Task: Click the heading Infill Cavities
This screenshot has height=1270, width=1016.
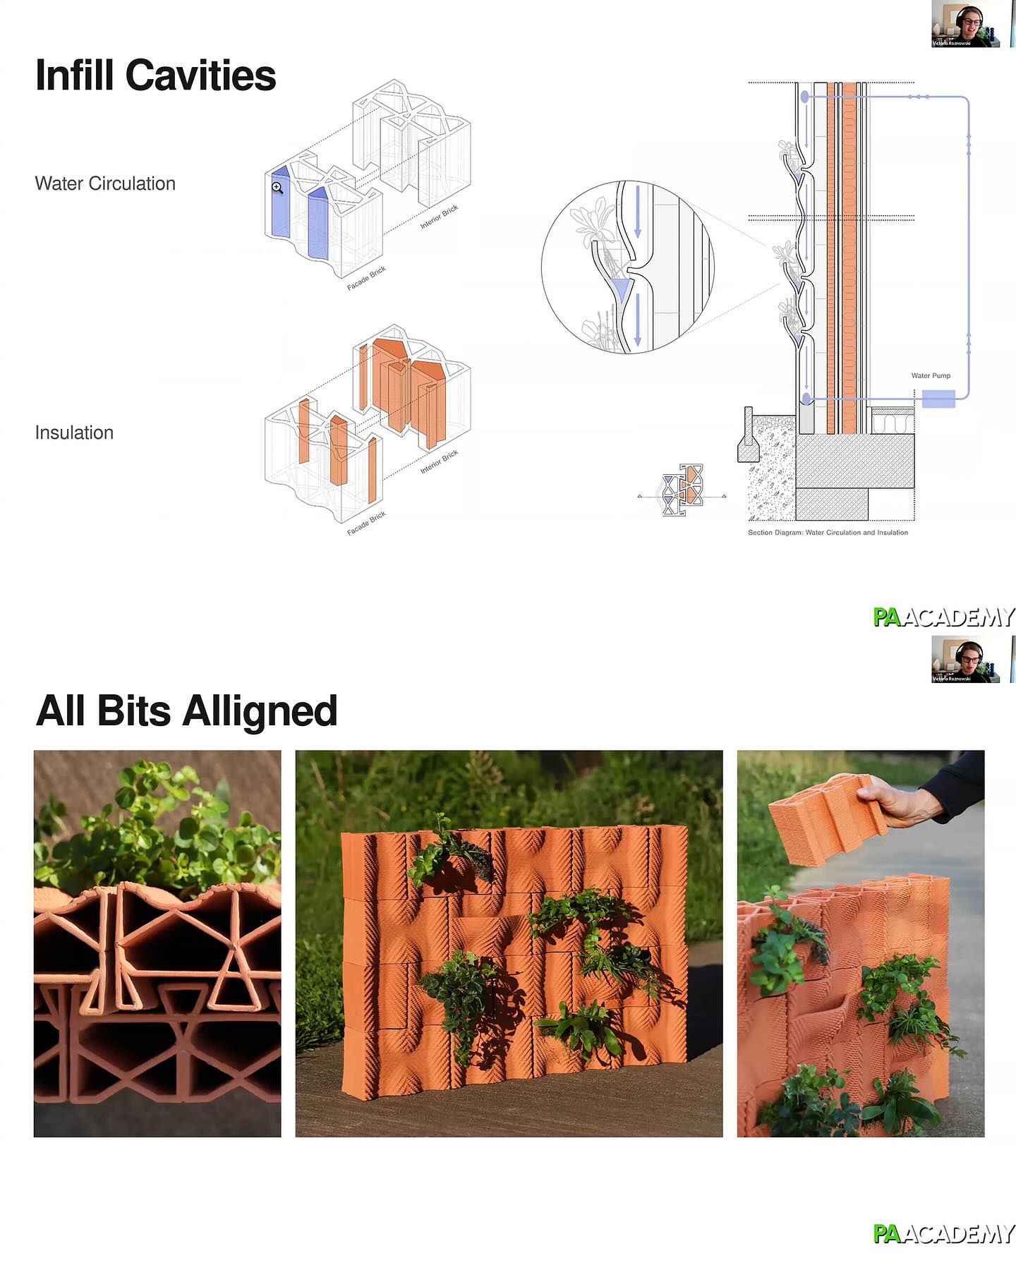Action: pyautogui.click(x=155, y=75)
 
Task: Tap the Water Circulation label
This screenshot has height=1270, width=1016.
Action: pyautogui.click(x=105, y=183)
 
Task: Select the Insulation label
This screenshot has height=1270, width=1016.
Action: pyautogui.click(x=74, y=433)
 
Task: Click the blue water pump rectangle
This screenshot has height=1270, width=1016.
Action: pyautogui.click(x=938, y=399)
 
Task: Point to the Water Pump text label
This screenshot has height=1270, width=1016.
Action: pyautogui.click(x=931, y=375)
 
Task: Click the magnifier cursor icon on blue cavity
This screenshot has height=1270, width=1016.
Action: pyautogui.click(x=277, y=188)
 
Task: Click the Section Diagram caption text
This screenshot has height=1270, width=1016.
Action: pyautogui.click(x=828, y=533)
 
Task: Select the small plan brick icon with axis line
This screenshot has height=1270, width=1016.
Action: pyautogui.click(x=683, y=490)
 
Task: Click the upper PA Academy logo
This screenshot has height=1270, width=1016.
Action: pyautogui.click(x=943, y=617)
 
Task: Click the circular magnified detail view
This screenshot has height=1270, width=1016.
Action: pyautogui.click(x=628, y=267)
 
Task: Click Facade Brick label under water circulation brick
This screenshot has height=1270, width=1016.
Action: pyautogui.click(x=366, y=279)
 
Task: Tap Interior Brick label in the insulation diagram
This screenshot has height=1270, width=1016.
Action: pyautogui.click(x=439, y=462)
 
